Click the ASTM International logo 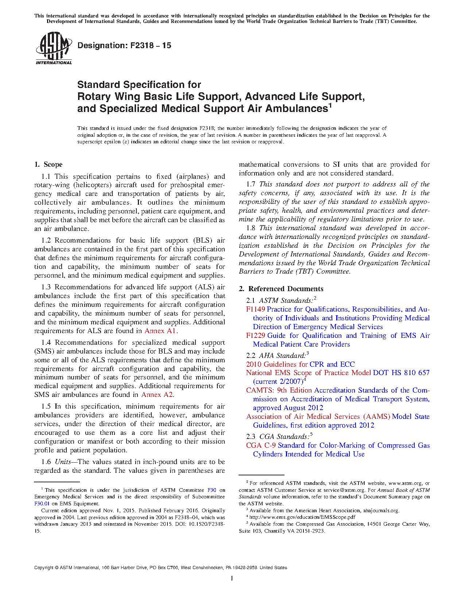pos(54,48)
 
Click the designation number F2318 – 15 pos(124,46)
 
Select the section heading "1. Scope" pos(49,165)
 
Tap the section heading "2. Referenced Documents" pos(281,289)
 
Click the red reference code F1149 pos(255,309)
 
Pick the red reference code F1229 pos(255,336)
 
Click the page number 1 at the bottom pos(232,578)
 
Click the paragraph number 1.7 pos(251,184)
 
